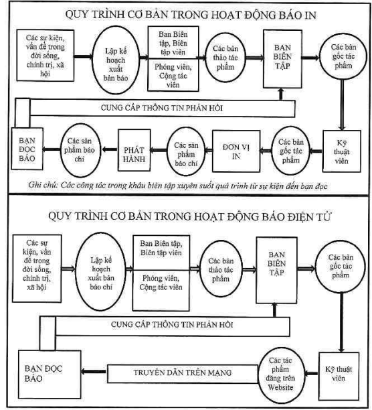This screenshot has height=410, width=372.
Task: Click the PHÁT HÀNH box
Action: click(134, 150)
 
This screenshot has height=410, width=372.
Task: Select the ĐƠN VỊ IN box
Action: click(236, 151)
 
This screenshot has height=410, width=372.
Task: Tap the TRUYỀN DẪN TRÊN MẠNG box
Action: click(183, 374)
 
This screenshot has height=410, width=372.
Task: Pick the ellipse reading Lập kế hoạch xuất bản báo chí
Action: click(101, 273)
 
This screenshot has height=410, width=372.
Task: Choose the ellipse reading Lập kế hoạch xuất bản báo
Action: click(116, 60)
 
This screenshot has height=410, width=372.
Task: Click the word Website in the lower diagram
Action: click(280, 387)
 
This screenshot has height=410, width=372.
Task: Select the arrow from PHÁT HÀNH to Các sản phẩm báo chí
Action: click(110, 149)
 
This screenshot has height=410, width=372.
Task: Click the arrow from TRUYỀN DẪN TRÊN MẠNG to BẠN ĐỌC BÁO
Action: click(94, 371)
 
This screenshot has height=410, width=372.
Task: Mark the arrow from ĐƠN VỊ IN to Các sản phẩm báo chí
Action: click(209, 150)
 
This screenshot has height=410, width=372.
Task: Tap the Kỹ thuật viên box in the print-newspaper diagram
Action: click(342, 151)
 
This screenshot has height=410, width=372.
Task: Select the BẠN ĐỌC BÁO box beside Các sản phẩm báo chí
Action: click(27, 149)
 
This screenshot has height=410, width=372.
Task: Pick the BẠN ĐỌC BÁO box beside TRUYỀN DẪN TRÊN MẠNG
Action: click(50, 374)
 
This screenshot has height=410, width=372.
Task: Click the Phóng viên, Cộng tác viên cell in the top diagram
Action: click(173, 75)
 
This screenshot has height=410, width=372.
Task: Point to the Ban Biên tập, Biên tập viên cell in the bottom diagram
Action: click(161, 253)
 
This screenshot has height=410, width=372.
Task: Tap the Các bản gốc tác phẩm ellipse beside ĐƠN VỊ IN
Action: click(290, 151)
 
